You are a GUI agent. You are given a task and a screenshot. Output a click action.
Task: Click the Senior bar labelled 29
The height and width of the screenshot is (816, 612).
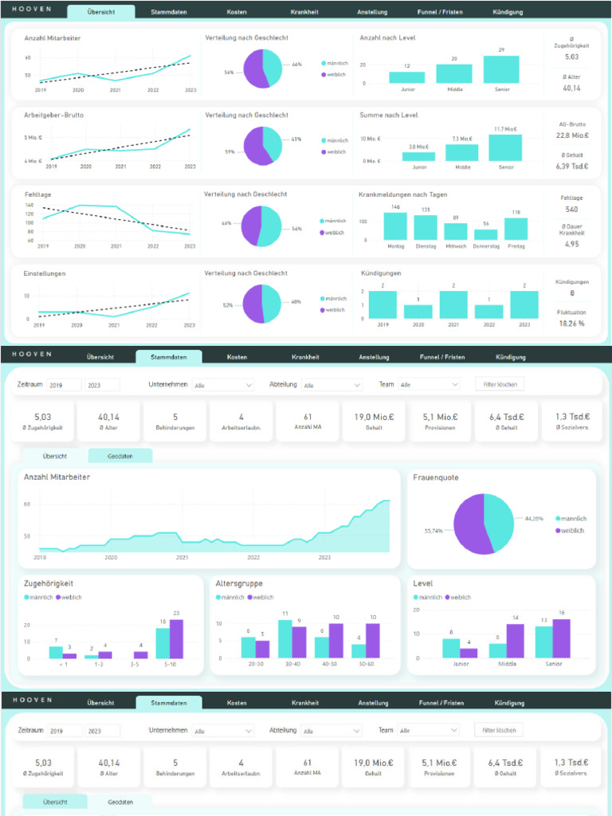point(500,70)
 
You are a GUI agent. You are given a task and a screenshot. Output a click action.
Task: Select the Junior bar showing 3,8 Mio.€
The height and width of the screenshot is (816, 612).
point(419,156)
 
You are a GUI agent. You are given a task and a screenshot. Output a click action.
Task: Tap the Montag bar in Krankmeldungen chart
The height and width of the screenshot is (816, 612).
point(395,226)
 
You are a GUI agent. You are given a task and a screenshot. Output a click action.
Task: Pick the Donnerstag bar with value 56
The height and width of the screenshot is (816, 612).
point(486,235)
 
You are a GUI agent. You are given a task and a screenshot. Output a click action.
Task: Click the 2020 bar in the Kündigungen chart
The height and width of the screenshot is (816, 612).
point(418,312)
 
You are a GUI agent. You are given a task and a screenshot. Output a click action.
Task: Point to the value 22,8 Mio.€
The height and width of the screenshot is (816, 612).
point(572,135)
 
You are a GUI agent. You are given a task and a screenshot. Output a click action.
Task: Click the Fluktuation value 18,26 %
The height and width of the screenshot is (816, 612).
point(571,324)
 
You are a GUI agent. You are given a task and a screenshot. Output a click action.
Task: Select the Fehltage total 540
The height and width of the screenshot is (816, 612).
point(571,210)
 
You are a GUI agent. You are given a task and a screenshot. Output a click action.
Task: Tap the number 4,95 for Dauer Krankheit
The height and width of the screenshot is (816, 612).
point(571,244)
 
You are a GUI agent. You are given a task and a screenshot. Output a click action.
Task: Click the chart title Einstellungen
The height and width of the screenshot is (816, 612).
point(45,273)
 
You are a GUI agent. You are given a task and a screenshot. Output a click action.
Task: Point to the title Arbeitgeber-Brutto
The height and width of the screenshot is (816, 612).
point(53,116)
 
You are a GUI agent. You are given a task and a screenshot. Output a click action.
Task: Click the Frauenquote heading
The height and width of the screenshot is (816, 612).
point(435,477)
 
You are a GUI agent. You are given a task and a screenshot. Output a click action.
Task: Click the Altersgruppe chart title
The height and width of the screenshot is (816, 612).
point(239,583)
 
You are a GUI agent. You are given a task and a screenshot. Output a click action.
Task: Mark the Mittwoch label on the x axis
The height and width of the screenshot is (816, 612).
point(456,246)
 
